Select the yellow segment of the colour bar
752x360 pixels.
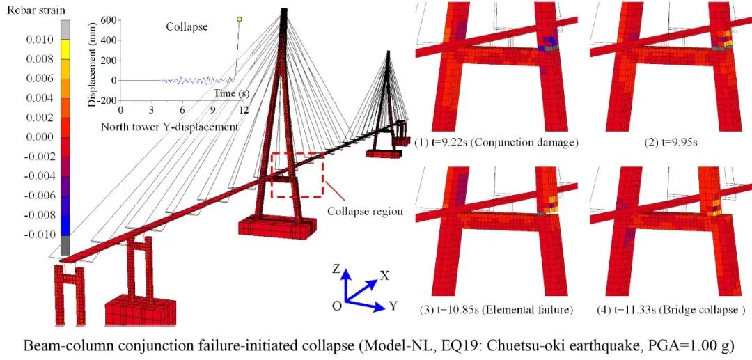click(x=65, y=48)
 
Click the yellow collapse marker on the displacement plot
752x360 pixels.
click(x=240, y=19)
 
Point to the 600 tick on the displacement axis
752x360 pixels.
click(x=107, y=20)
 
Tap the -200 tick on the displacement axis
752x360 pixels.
click(x=104, y=100)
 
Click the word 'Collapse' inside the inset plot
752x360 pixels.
click(x=187, y=27)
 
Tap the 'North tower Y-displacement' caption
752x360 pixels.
click(x=170, y=127)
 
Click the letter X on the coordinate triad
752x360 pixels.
click(x=384, y=275)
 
